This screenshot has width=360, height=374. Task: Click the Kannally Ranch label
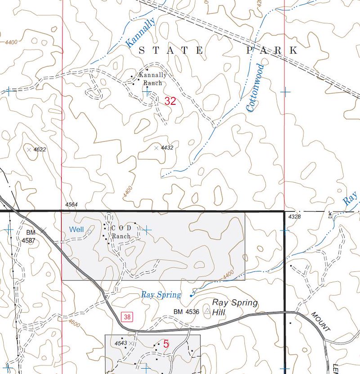point(153,79)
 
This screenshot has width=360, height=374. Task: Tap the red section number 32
point(170,101)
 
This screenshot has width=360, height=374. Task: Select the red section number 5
point(166,344)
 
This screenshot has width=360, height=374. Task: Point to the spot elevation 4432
point(167,148)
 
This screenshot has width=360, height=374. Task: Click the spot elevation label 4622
point(40,149)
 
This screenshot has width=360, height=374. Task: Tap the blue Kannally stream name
point(141,32)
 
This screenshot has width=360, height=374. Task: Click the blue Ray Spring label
point(161,295)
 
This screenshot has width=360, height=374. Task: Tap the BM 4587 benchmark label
point(30,236)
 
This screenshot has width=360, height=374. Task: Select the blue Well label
point(76,230)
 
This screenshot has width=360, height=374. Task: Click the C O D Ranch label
point(121,232)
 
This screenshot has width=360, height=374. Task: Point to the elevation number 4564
point(71,205)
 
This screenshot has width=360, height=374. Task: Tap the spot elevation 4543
point(120,343)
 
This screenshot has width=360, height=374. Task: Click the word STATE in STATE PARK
point(171,50)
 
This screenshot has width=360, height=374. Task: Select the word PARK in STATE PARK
point(272,50)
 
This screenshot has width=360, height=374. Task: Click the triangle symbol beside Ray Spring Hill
point(207,311)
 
